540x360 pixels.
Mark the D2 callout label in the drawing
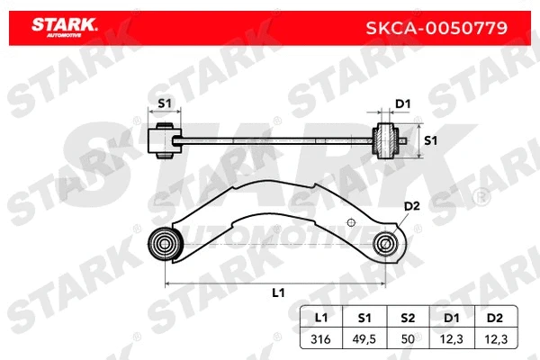tap(412, 207)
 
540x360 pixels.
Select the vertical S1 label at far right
tap(430, 140)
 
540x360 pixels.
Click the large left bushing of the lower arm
tap(166, 242)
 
